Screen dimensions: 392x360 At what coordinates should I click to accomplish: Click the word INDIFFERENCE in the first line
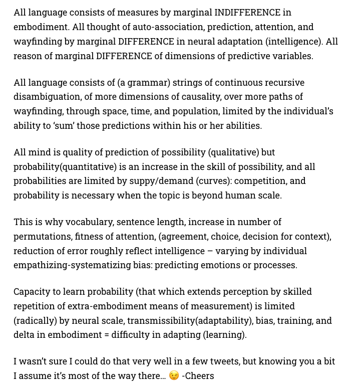pos(247,12)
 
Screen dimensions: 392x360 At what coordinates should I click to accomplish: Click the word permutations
pos(43,236)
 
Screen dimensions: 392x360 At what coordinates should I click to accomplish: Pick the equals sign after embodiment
pos(107,335)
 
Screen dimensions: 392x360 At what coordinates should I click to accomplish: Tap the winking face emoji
pos(174,376)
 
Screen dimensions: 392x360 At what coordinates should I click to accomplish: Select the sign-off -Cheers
pos(198,376)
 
